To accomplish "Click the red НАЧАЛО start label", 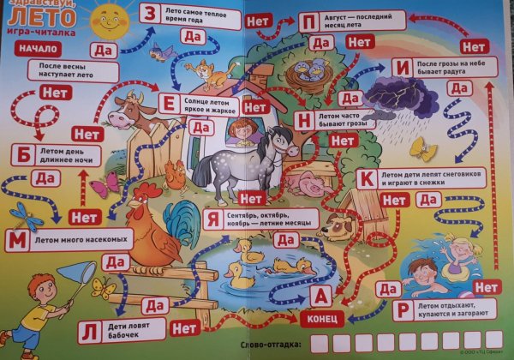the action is [29, 49].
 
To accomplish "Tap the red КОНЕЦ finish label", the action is [323, 318].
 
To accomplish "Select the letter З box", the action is [150, 14].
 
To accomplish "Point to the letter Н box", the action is [302, 119].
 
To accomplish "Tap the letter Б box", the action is [23, 155].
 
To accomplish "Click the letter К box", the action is [366, 178].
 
